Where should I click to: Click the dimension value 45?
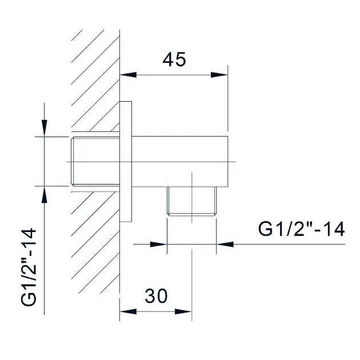[x=174, y=59]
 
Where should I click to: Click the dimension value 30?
[x=157, y=296]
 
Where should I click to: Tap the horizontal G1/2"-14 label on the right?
[x=302, y=229]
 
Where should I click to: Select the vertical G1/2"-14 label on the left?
[x=29, y=267]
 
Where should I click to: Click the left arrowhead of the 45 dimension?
[x=129, y=75]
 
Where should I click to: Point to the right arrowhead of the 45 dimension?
[x=219, y=75]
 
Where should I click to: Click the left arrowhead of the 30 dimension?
[x=129, y=311]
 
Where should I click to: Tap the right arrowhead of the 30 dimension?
[x=183, y=311]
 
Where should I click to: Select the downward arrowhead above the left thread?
[x=45, y=128]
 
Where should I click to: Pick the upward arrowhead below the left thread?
[x=45, y=195]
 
